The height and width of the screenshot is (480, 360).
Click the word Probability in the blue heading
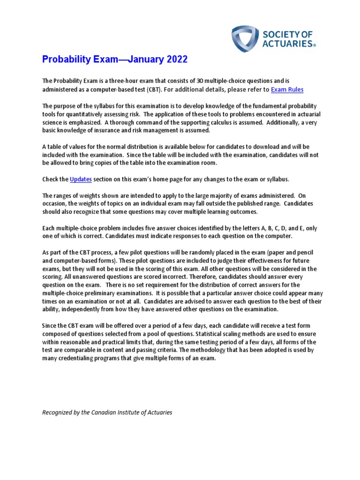65,60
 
